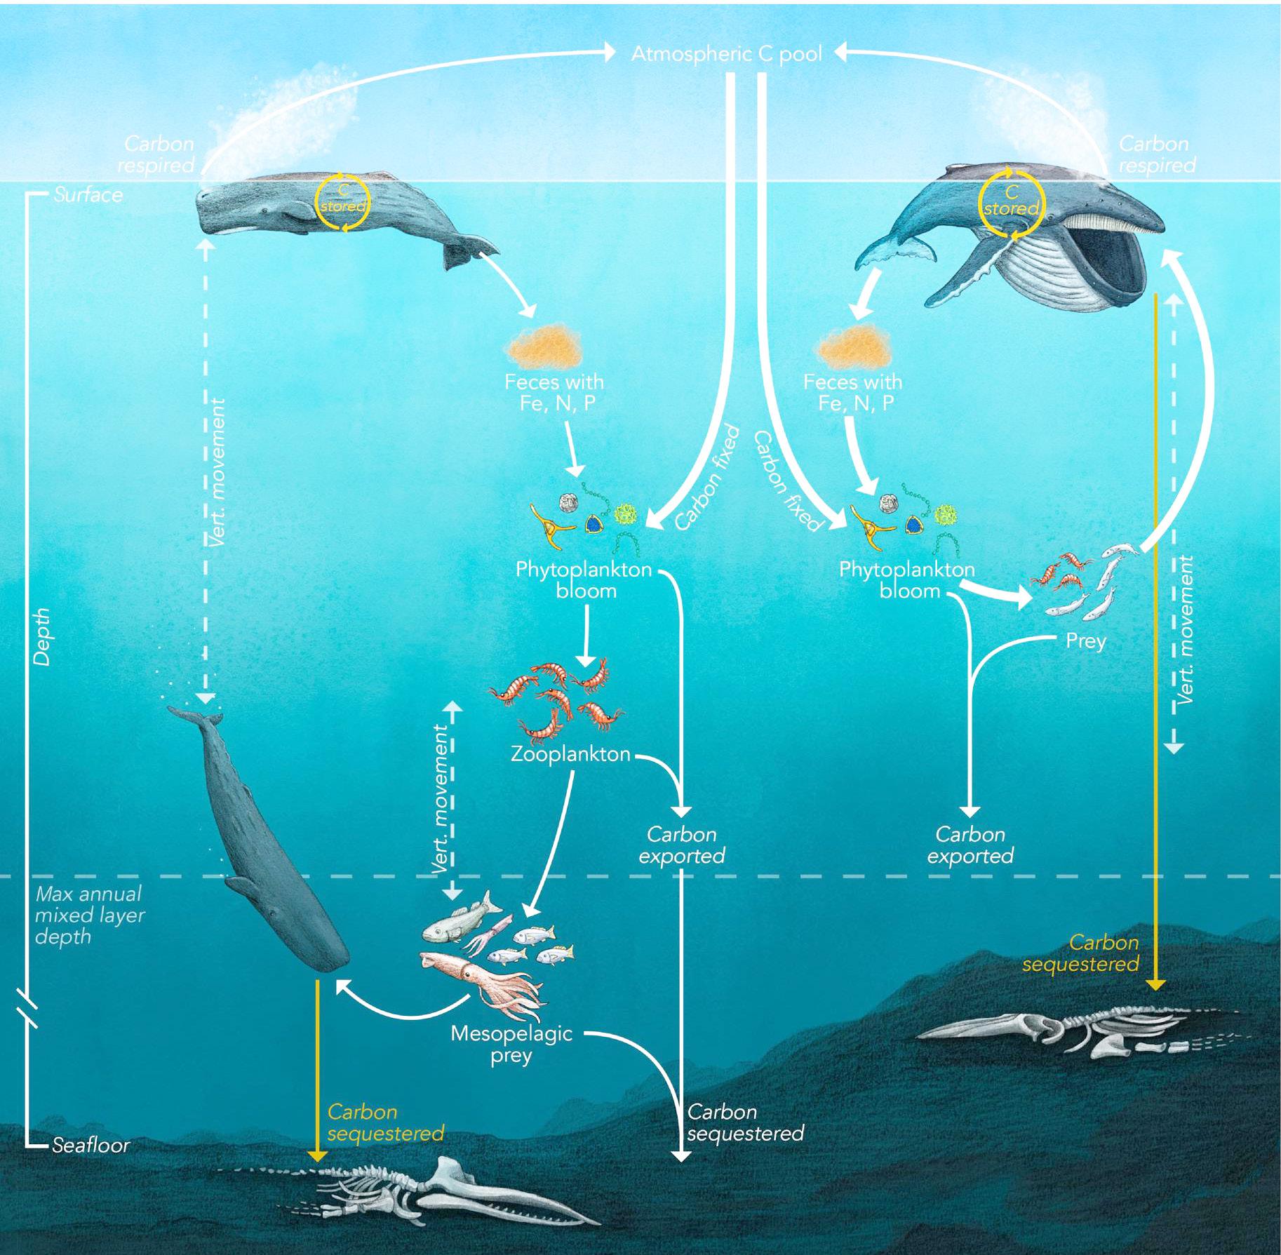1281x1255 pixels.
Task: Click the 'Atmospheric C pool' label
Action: [x=726, y=54]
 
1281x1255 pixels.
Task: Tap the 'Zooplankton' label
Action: [x=570, y=754]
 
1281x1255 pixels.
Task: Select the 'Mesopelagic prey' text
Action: [x=511, y=1044]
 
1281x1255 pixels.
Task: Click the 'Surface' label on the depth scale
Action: [x=88, y=194]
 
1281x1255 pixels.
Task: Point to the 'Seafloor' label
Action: [x=90, y=1145]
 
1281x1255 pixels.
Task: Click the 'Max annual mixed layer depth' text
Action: [x=89, y=915]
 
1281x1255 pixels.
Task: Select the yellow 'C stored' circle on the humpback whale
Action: [x=1010, y=201]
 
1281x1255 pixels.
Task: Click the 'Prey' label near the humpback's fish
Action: [x=1085, y=640]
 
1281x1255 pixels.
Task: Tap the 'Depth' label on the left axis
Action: [x=42, y=636]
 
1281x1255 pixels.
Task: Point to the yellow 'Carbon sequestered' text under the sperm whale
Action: [x=385, y=1122]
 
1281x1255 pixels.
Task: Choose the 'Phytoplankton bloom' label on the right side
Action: [x=907, y=579]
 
